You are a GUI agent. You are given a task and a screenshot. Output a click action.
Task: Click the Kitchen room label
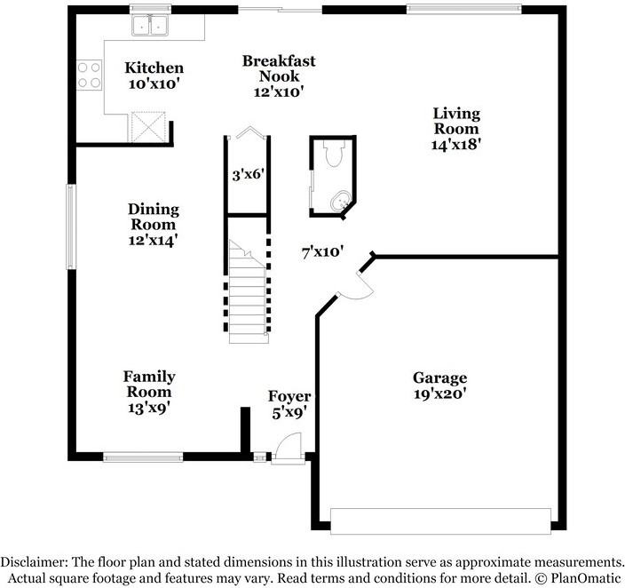(x=154, y=68)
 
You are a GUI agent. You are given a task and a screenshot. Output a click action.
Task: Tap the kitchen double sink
(x=149, y=26)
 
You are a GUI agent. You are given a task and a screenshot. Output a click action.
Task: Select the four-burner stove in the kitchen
(x=89, y=75)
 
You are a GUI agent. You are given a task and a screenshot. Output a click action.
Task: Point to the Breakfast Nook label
(x=279, y=68)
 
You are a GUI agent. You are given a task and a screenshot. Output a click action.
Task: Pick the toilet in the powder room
(x=334, y=153)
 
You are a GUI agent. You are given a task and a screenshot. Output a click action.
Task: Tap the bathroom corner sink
(x=342, y=200)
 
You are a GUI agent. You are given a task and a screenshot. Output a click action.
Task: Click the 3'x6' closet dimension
(x=249, y=175)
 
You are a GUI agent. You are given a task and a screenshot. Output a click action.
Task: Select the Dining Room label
(x=154, y=217)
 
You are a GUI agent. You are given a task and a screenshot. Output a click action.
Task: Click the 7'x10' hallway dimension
(x=322, y=252)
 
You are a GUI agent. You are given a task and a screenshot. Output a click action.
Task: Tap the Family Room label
(x=149, y=385)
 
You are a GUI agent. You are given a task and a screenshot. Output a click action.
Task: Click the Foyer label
(x=289, y=396)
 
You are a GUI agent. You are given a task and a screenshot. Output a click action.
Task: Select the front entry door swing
(x=289, y=447)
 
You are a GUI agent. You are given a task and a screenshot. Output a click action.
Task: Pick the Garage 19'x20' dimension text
(x=439, y=394)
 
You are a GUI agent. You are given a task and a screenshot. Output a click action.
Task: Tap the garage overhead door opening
(x=441, y=521)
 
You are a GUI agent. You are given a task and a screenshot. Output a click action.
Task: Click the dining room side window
(x=71, y=226)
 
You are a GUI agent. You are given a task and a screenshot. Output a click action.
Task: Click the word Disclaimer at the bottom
(x=34, y=562)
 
